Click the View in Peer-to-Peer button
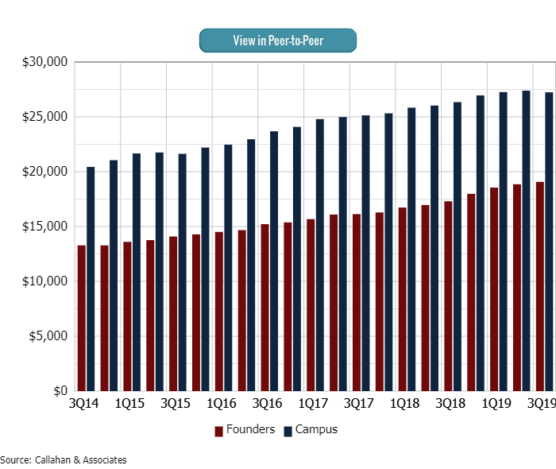point(278,41)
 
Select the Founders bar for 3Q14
point(81,318)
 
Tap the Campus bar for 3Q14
point(91,279)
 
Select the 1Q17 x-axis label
point(312,404)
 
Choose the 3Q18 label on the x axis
point(450,404)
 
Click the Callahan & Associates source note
point(64,459)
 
